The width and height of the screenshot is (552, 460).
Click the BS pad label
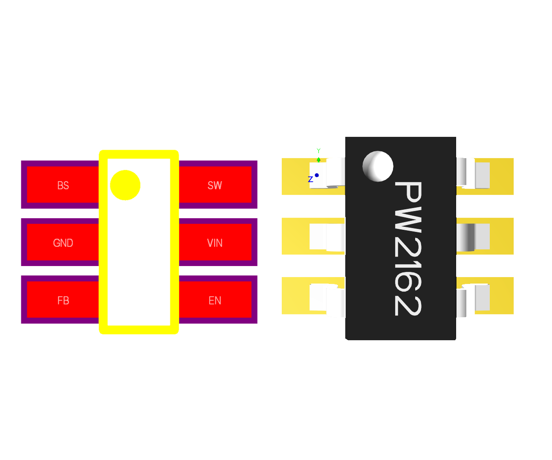63,185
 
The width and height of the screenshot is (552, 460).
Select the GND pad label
63,243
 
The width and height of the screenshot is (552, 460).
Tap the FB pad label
63,301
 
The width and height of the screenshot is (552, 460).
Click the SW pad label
215,185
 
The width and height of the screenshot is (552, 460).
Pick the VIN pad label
215,243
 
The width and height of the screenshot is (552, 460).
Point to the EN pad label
215,301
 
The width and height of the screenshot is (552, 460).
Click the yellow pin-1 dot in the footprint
125,185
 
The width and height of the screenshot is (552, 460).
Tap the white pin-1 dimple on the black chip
378,166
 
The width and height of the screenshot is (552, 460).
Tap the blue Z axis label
310,179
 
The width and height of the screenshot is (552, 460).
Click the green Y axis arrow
318,159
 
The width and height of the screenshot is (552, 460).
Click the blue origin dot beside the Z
317,175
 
